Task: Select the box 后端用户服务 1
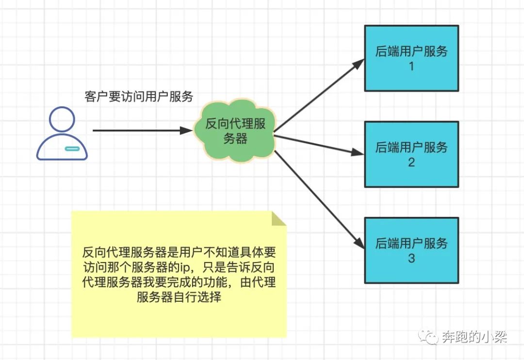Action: coord(411,58)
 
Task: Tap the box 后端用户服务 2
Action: coord(411,154)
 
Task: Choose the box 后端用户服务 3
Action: coord(411,250)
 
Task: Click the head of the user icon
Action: coord(63,119)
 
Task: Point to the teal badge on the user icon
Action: coord(71,147)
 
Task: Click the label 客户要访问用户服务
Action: coord(139,97)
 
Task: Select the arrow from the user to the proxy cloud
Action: coord(141,131)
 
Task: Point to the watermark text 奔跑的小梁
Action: coord(475,337)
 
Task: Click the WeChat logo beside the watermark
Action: coord(429,337)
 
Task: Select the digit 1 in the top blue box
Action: coord(411,66)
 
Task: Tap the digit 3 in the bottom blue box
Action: coord(411,258)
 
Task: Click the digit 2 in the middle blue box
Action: coord(411,162)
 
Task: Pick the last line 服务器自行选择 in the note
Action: coord(179,297)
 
